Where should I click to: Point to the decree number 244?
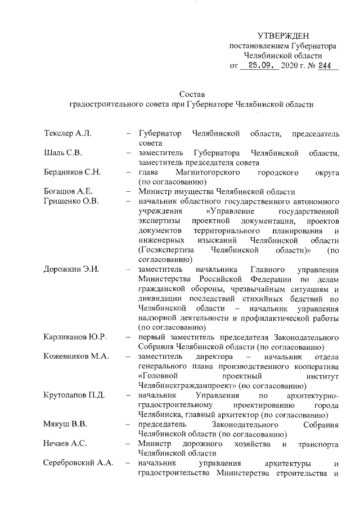click(x=325, y=66)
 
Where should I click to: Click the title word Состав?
click(x=189, y=93)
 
